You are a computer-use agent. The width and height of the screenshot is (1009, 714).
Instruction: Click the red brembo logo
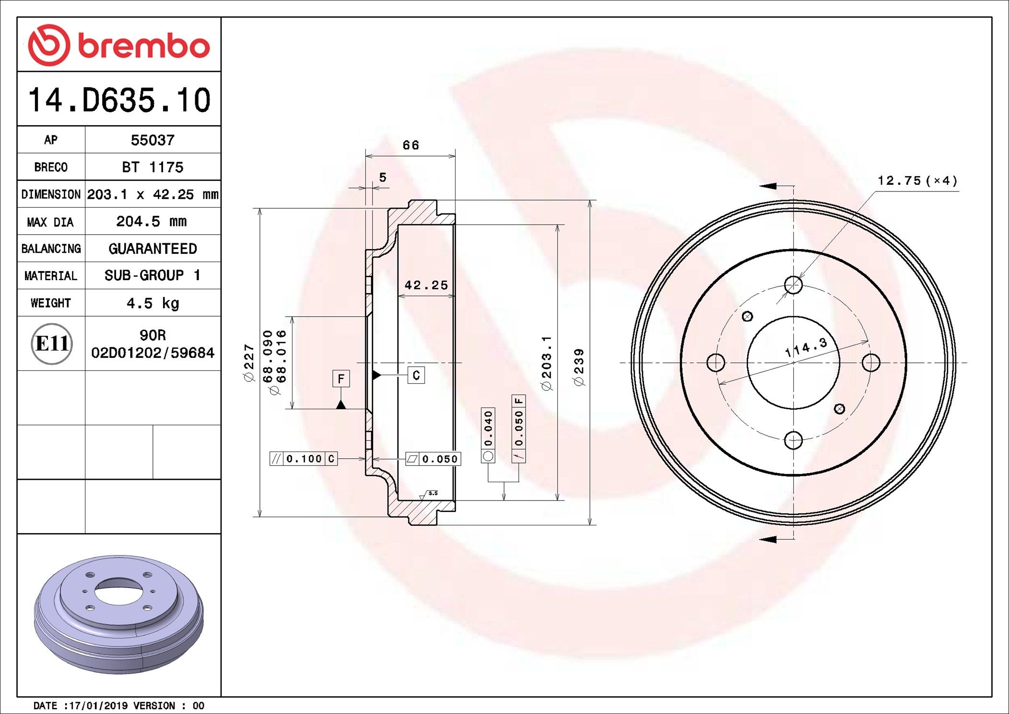[118, 45]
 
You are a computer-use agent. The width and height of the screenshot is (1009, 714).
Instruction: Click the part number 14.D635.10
[119, 100]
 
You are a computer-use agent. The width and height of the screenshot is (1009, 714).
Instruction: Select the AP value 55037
[153, 140]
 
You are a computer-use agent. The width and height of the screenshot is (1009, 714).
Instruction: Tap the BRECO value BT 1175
[153, 167]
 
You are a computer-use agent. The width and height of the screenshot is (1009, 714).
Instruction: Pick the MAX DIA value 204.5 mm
[152, 221]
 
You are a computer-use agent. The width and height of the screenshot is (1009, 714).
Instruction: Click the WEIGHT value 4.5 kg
[153, 303]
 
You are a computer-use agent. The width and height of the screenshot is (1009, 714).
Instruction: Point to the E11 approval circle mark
[51, 344]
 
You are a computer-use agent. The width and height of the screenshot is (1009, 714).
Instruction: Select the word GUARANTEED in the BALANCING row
[153, 249]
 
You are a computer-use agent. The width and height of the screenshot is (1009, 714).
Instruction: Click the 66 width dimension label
[411, 145]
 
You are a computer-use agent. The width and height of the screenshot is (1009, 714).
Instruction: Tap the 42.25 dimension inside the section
[426, 285]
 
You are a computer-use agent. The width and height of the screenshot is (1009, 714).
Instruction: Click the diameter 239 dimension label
[579, 367]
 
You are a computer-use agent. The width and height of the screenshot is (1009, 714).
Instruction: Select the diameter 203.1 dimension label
[547, 363]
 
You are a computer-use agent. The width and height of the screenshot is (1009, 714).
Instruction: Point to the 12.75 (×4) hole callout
[917, 181]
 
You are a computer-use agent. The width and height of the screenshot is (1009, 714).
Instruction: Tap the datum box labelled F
[341, 379]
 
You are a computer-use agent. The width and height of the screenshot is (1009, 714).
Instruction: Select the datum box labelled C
[416, 375]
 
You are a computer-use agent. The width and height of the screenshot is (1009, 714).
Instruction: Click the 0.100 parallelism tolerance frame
[304, 459]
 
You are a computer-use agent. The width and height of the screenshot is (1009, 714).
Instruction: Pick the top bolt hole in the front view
[793, 285]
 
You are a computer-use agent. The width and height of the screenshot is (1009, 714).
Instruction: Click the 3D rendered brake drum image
[118, 614]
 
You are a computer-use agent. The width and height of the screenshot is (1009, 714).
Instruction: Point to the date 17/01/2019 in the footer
[99, 705]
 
